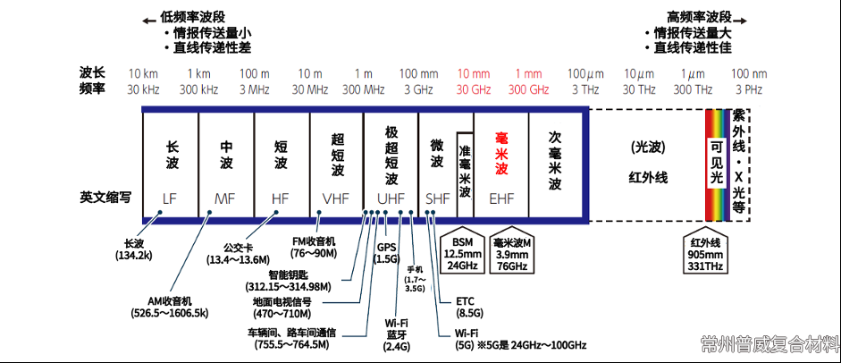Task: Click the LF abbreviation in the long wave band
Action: (x=171, y=198)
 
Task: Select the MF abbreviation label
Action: (x=226, y=198)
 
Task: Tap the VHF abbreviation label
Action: (x=336, y=198)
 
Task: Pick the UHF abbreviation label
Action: (x=390, y=198)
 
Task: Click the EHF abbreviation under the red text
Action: (x=501, y=198)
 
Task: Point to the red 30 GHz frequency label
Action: (x=474, y=89)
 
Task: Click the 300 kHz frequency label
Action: (x=198, y=89)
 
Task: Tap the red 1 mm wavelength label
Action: (x=529, y=73)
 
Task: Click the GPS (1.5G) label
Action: (x=386, y=253)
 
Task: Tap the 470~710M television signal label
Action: (x=294, y=307)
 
